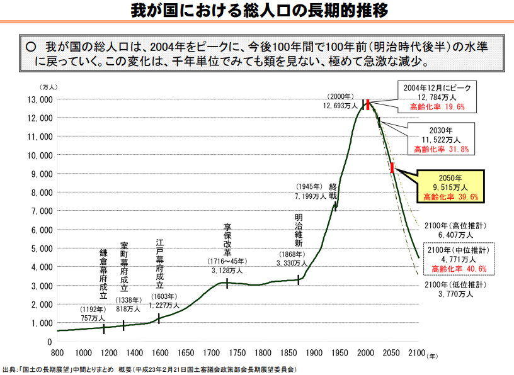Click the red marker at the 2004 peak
click(367, 104)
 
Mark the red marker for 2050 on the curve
click(392, 168)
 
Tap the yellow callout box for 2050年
click(450, 187)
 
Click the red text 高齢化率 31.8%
click(440, 150)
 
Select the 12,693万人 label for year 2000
click(341, 106)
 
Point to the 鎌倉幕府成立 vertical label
click(103, 274)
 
